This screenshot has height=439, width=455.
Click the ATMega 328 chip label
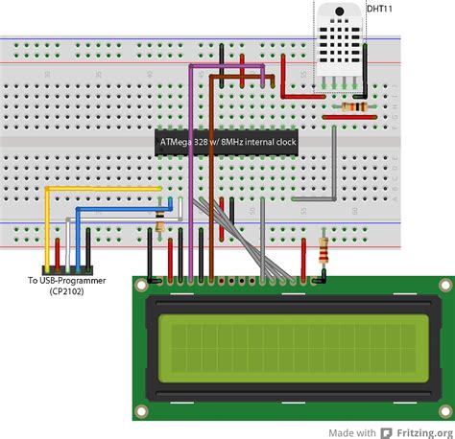227,143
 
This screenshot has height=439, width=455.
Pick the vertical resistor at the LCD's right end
323,254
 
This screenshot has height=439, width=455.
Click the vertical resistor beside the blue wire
159,223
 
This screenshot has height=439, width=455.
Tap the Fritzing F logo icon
387,427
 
